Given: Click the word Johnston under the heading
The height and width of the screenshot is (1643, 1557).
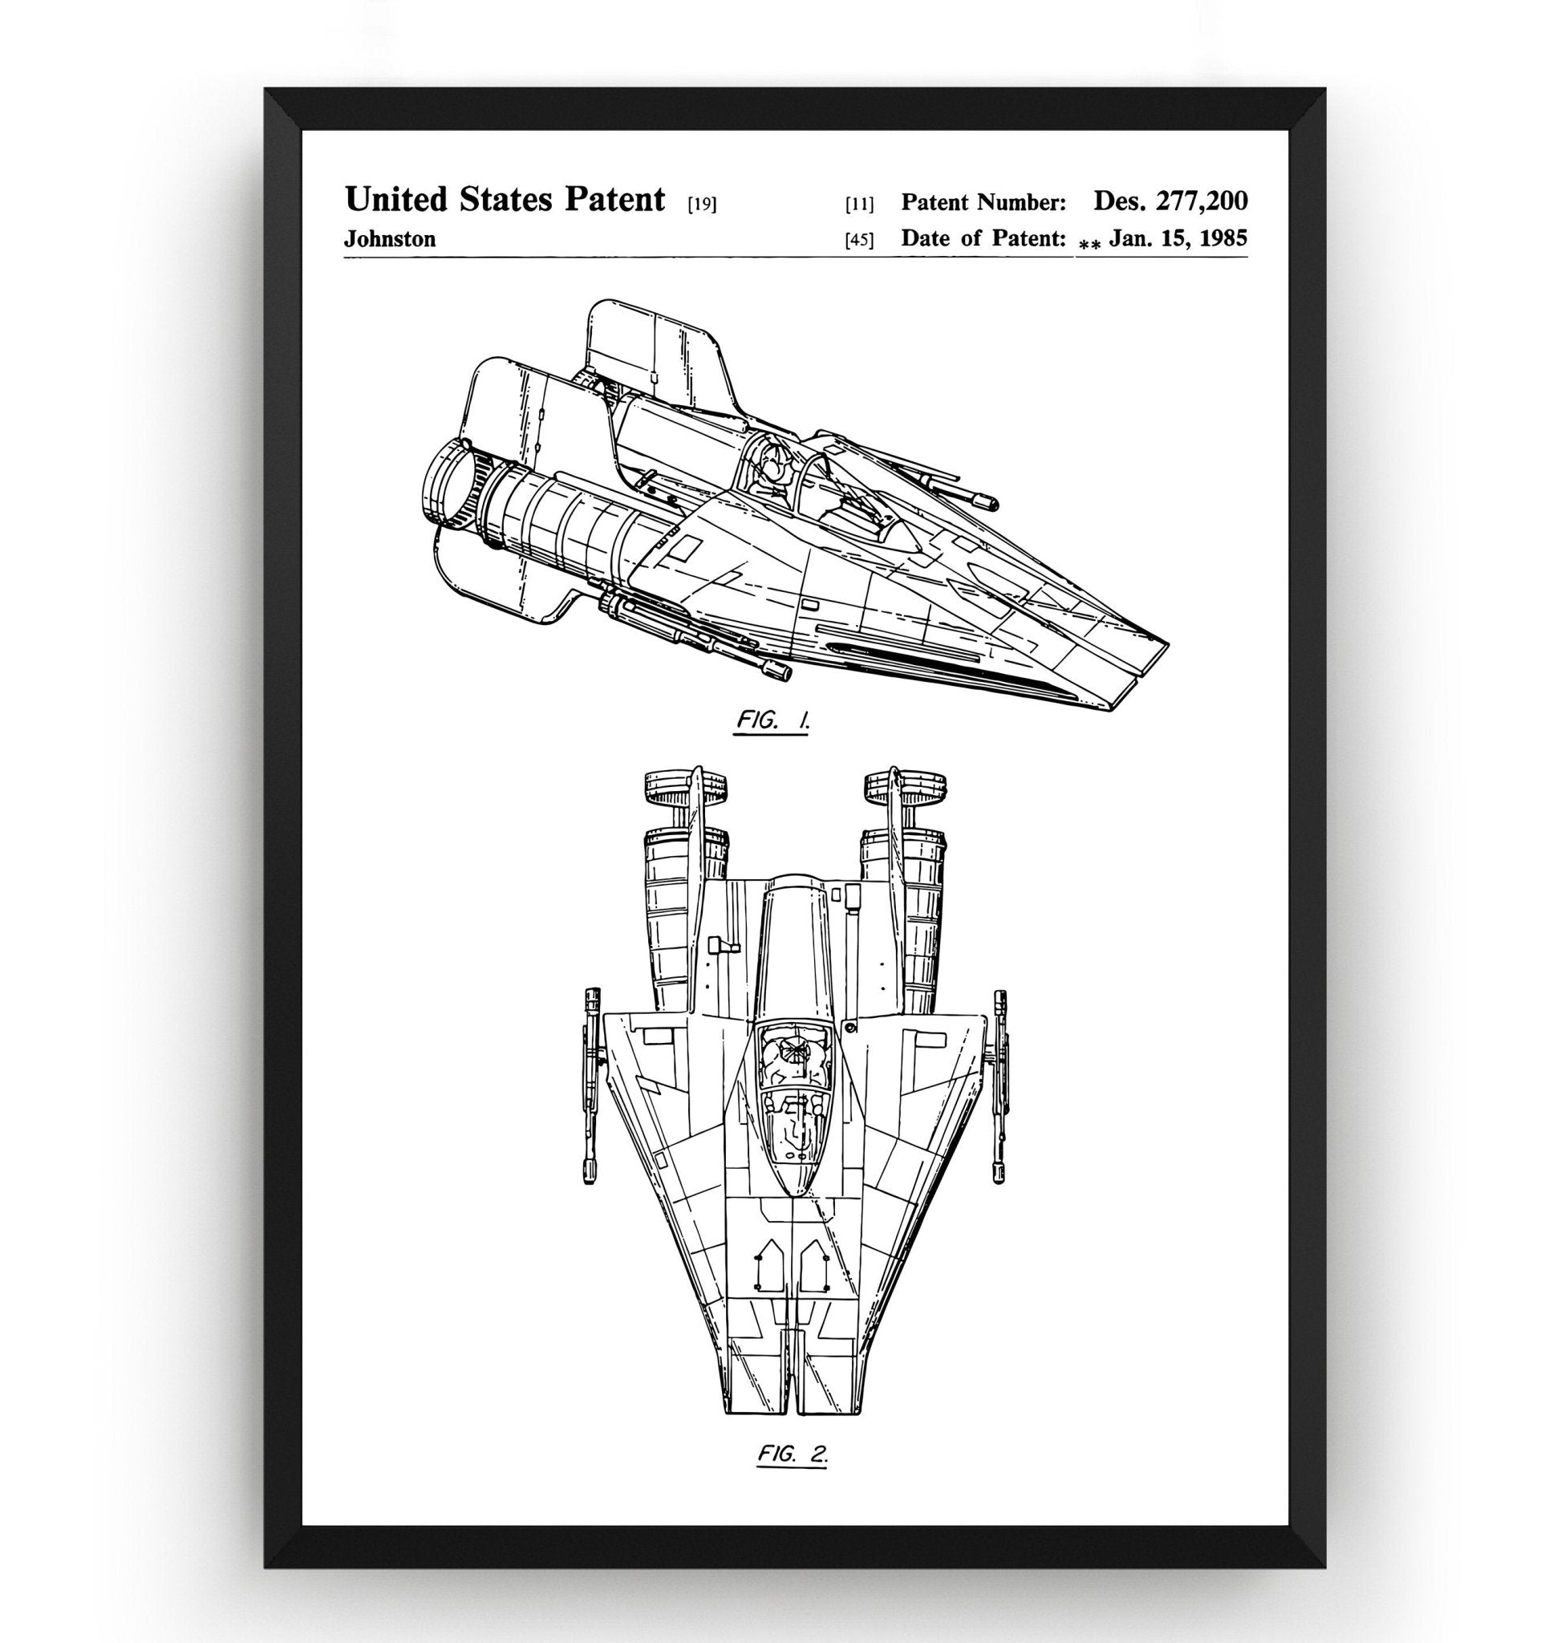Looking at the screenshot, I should click(389, 239).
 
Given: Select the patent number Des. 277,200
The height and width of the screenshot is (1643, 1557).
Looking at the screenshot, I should click(1170, 200).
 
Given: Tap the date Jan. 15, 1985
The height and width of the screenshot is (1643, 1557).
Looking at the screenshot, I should click(1178, 238).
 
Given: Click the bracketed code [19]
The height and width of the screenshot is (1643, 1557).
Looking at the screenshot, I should click(702, 205).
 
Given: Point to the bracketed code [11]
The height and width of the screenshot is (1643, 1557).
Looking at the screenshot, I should click(859, 205).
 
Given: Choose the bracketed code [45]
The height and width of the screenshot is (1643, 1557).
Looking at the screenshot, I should click(859, 241).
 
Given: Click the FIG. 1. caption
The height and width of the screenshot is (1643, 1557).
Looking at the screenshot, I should click(772, 720).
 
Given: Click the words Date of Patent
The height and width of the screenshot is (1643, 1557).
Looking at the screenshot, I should click(983, 239).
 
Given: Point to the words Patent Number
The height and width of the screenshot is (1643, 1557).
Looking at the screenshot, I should click(983, 201).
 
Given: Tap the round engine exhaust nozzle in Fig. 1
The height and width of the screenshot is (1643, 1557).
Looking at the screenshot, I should click(452, 491).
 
